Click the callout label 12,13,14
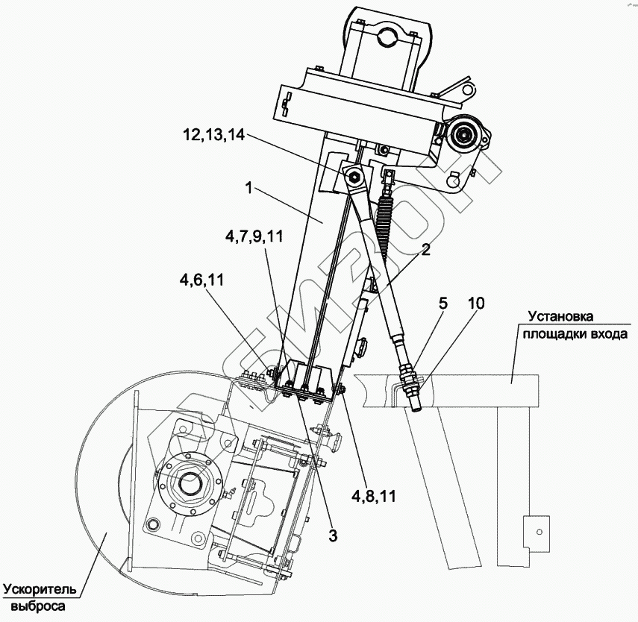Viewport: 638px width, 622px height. tap(213, 136)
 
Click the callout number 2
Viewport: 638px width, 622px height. tap(425, 251)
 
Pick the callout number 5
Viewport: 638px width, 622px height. tap(442, 303)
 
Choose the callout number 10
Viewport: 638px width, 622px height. tap(475, 303)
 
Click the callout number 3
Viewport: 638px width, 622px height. tap(333, 535)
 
